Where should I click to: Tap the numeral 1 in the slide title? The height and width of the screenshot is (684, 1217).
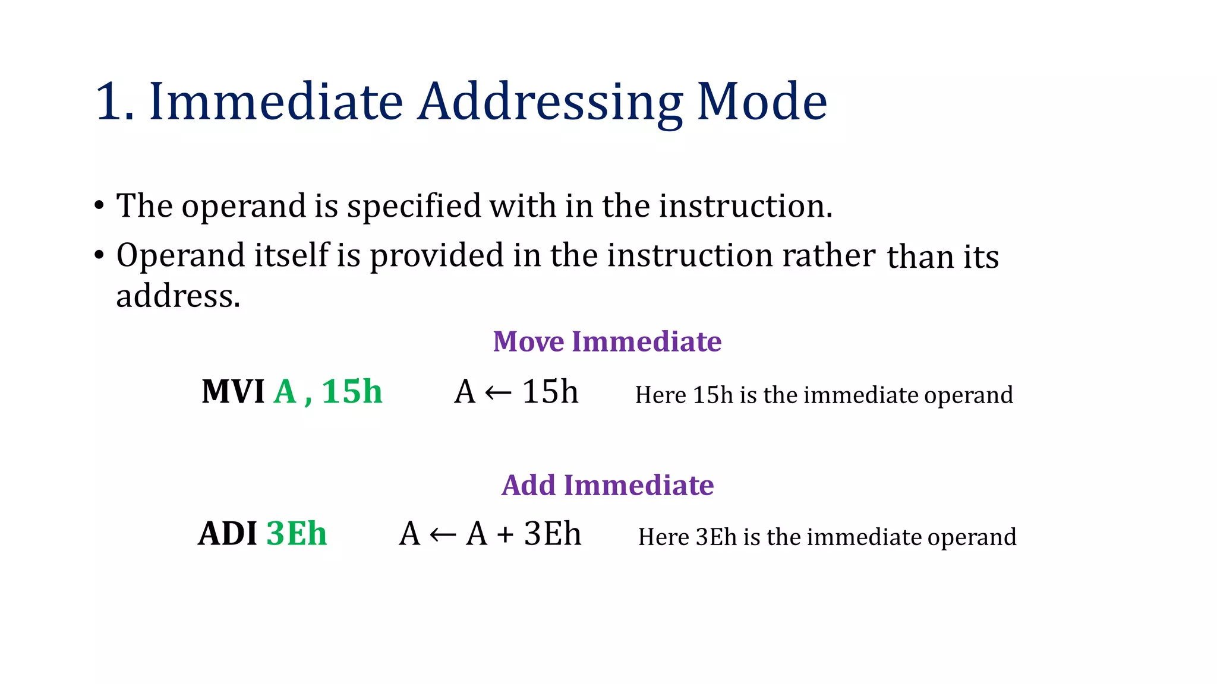pyautogui.click(x=109, y=102)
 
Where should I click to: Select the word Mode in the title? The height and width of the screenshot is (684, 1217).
pyautogui.click(x=762, y=102)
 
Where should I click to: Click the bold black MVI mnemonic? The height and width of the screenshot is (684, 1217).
pyautogui.click(x=233, y=392)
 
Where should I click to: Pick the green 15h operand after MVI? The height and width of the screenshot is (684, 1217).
pyautogui.click(x=352, y=392)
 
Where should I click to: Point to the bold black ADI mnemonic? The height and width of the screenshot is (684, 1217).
pyautogui.click(x=228, y=534)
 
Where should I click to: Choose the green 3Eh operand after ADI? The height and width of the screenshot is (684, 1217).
pyautogui.click(x=297, y=534)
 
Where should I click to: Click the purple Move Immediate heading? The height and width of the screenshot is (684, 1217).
pyautogui.click(x=607, y=342)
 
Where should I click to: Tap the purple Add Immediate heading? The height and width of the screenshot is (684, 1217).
pyautogui.click(x=607, y=485)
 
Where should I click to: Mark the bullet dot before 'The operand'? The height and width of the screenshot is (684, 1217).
pyautogui.click(x=99, y=207)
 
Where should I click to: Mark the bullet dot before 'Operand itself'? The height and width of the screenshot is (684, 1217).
pyautogui.click(x=99, y=256)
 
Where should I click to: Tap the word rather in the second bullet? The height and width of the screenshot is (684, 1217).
pyautogui.click(x=828, y=256)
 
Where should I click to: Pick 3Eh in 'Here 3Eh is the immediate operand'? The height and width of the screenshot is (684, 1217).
pyautogui.click(x=716, y=537)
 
